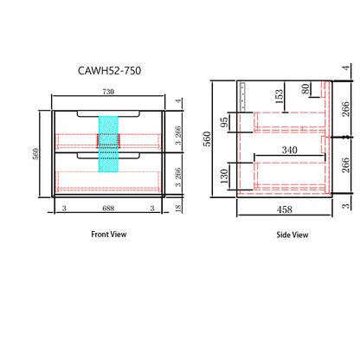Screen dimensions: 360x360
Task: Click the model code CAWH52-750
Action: (x=109, y=71)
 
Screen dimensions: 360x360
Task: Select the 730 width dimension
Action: (x=108, y=92)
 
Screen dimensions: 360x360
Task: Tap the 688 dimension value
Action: (x=108, y=209)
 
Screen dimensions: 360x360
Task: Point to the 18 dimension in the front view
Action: (x=178, y=209)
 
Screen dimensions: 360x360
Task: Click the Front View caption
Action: (x=109, y=235)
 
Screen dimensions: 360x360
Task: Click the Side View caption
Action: (x=292, y=235)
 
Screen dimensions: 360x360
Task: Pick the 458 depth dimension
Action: (x=285, y=209)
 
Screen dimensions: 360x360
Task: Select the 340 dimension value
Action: (x=289, y=150)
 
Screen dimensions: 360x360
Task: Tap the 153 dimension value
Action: (x=279, y=97)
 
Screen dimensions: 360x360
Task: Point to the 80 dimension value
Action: (x=305, y=89)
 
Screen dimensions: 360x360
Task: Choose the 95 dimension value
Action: (x=224, y=122)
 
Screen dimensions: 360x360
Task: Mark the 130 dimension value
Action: (x=224, y=177)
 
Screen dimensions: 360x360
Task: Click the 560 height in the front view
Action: (x=35, y=154)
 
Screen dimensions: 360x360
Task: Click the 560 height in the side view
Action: (x=207, y=138)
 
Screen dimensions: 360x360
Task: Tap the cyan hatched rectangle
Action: (x=108, y=144)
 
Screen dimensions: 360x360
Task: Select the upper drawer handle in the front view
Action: (x=108, y=114)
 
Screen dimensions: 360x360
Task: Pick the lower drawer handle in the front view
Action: (x=108, y=156)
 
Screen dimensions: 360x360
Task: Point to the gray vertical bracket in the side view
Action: (x=242, y=97)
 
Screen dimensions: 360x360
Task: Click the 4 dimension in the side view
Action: (x=345, y=67)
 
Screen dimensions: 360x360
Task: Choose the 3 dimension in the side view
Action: (x=345, y=206)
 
